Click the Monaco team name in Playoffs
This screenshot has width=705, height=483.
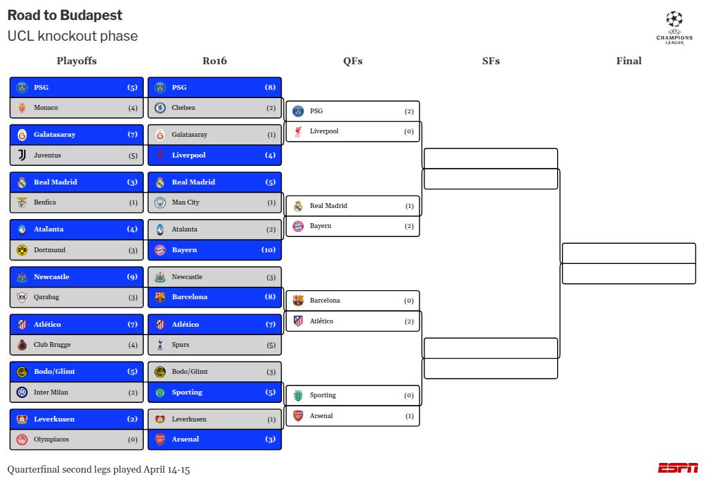[x=46, y=108]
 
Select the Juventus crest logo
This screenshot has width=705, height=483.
[x=21, y=155]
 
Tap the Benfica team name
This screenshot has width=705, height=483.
[x=45, y=202]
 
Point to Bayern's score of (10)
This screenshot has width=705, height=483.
[x=268, y=250]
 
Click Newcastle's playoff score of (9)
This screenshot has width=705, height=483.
[x=133, y=277]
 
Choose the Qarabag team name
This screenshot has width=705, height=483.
[x=47, y=297]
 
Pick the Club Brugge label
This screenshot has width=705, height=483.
[x=52, y=345]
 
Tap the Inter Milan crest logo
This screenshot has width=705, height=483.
[x=21, y=392]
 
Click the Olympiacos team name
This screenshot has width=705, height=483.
[x=51, y=439]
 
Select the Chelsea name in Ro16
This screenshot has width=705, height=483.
[x=183, y=108]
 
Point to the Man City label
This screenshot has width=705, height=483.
[x=185, y=202]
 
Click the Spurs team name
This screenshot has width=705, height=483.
[x=180, y=345]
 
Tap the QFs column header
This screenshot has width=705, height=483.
[x=352, y=61]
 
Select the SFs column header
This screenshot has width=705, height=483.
[x=491, y=61]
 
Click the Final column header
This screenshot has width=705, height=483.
[x=629, y=61]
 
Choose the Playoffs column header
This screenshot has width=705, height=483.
[x=77, y=61]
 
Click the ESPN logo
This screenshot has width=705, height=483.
[x=677, y=468]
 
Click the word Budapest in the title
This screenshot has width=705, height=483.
[x=90, y=15]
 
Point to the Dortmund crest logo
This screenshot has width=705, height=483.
[x=21, y=250]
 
